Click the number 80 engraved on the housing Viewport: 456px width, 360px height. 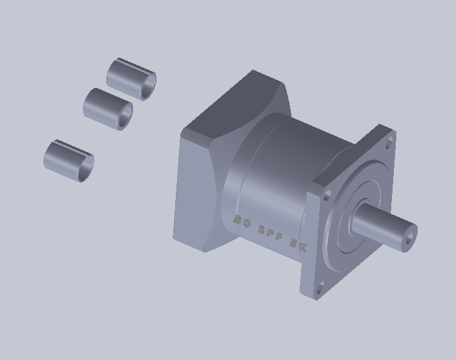[242, 221]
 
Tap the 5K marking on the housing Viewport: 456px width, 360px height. [298, 244]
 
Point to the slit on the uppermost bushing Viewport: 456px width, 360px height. [135, 66]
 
